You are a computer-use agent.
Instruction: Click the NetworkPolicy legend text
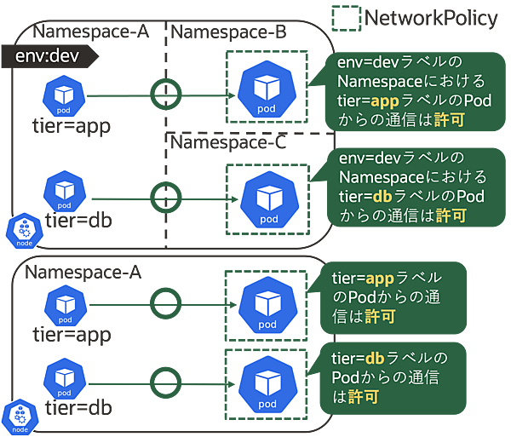[x=431, y=18]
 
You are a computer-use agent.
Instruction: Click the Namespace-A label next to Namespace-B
[x=91, y=32]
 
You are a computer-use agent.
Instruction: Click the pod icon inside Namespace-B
[x=267, y=89]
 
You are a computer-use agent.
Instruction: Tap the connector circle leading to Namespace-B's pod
[x=162, y=90]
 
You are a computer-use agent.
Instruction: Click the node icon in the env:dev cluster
[x=24, y=230]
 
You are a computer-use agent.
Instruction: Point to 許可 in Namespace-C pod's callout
[x=451, y=216]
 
